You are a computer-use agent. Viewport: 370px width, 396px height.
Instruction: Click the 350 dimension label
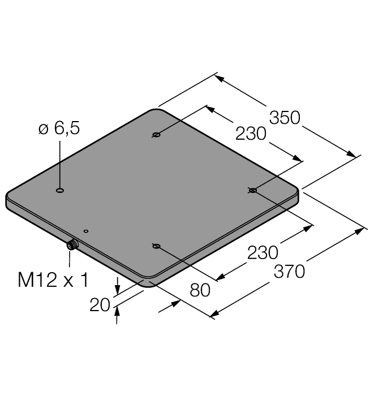(284, 118)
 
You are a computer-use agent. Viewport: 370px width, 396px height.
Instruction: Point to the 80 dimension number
(200, 290)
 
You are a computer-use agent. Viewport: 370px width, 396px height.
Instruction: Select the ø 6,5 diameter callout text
(59, 128)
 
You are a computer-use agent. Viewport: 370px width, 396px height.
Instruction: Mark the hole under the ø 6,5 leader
(60, 191)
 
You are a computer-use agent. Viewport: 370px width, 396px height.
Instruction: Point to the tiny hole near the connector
(85, 231)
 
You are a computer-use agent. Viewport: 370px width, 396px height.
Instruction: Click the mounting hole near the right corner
(252, 191)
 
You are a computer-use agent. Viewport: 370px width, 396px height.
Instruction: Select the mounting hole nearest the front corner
(156, 246)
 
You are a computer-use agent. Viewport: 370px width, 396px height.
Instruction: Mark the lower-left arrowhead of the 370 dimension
(214, 315)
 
